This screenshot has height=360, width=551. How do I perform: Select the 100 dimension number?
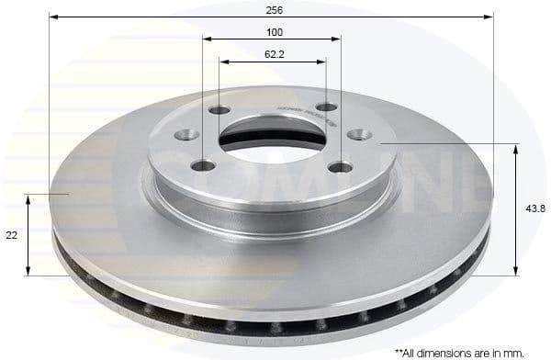point(275,31)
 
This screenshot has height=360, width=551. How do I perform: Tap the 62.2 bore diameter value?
point(274,54)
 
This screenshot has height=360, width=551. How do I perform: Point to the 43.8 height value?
point(537,208)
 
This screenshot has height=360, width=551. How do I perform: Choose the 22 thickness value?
point(11,235)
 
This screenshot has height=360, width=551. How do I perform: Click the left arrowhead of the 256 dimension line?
point(53,17)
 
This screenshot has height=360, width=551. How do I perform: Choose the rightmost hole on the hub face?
point(355,135)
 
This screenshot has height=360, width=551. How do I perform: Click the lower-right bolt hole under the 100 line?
point(342,167)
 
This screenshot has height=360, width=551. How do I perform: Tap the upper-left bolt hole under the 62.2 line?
point(219,111)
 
